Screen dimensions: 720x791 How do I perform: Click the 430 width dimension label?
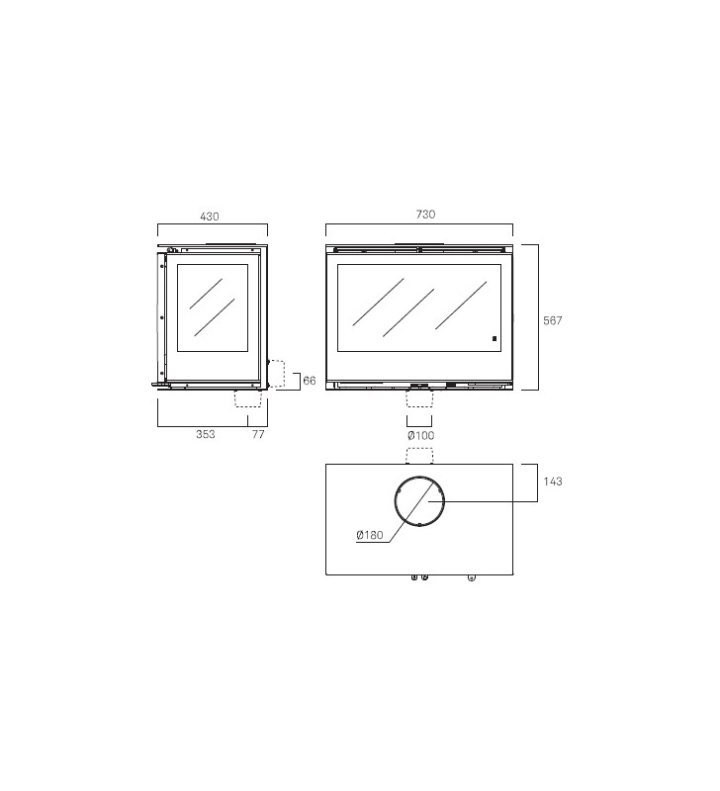(210, 217)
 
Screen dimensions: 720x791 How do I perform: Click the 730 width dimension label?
(425, 215)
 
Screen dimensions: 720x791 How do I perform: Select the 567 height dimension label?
(553, 320)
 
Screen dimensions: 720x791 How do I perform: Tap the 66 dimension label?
(310, 381)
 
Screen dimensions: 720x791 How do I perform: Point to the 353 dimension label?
(206, 434)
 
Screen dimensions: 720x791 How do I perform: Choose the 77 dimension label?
(258, 434)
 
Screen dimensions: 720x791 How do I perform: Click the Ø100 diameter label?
(420, 435)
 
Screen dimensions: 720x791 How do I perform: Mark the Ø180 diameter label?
(370, 535)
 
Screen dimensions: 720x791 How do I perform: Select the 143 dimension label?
(553, 482)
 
